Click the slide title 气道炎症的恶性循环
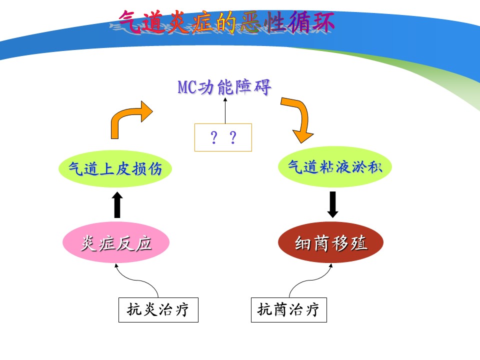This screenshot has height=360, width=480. tap(226, 21)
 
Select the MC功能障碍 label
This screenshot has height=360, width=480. tap(224, 87)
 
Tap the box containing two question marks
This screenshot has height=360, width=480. tap(223, 137)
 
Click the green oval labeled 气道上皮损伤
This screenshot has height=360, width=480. tap(115, 168)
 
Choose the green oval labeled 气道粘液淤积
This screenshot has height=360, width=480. tap(335, 167)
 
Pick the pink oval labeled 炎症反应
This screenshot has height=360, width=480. tap(116, 243)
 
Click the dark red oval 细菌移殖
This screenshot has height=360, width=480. tap(330, 242)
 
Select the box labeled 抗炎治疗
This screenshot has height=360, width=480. tap(158, 310)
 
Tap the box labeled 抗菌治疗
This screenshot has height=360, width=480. tap(288, 310)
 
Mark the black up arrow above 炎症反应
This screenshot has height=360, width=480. tap(117, 205)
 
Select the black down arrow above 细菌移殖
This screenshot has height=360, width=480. tap(333, 204)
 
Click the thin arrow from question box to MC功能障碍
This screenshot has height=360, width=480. tap(225, 110)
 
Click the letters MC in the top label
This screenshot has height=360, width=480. tap(187, 87)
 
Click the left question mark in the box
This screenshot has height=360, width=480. tap(214, 137)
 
